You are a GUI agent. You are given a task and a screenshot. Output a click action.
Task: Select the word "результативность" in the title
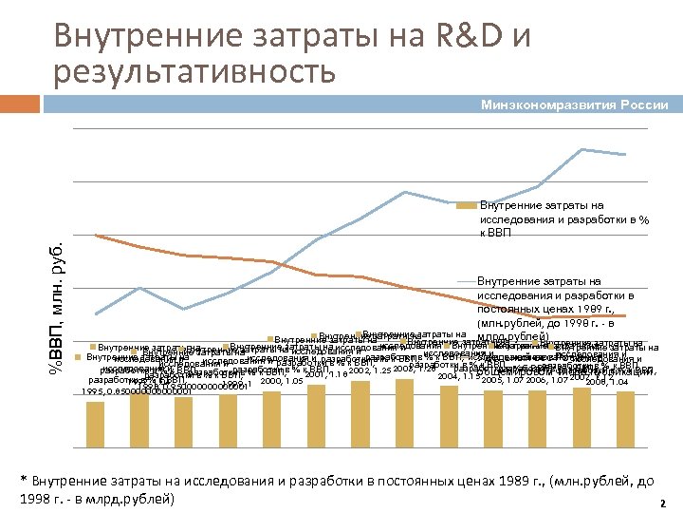coord(194,70)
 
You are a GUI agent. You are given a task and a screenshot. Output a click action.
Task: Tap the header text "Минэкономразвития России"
coord(574,104)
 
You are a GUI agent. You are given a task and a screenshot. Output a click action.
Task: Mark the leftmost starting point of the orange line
coord(96,235)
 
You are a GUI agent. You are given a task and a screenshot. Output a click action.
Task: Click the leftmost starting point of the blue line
coord(96,313)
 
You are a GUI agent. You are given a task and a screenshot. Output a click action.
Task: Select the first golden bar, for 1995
coord(96,416)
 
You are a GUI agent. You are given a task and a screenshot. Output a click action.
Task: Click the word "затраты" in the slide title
coord(269,36)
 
